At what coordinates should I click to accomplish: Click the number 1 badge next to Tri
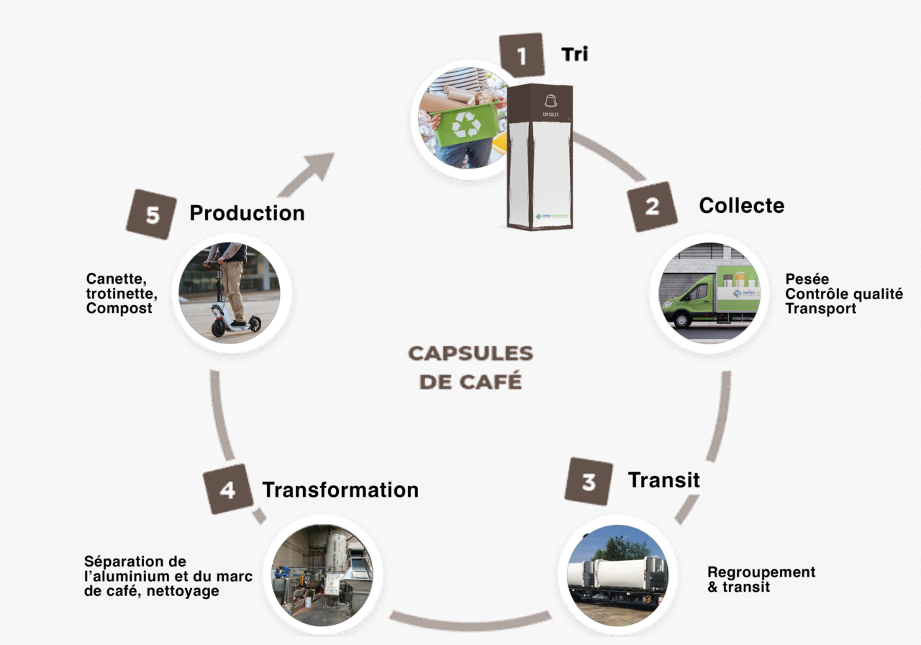[x=521, y=55]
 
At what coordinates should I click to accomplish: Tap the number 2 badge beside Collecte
[x=651, y=206]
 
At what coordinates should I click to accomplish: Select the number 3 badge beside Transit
[x=589, y=481]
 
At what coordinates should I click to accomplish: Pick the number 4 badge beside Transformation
[x=227, y=490]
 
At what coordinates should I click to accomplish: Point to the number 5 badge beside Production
[x=152, y=215]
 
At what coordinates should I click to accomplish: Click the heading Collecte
[x=741, y=205]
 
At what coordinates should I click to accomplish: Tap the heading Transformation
[x=340, y=490]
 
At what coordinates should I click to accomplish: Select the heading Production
[x=247, y=213]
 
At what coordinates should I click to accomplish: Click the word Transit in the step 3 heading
[x=663, y=479]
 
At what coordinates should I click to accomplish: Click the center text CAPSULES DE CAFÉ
[x=471, y=367]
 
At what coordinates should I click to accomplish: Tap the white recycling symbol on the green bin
[x=466, y=125]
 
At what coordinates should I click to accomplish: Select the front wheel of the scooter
[x=218, y=328]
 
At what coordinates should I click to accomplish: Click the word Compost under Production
[x=119, y=308]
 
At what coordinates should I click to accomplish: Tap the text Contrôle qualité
[x=843, y=294]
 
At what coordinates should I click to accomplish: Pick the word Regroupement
[x=761, y=572]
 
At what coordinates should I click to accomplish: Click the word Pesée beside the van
[x=807, y=279]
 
